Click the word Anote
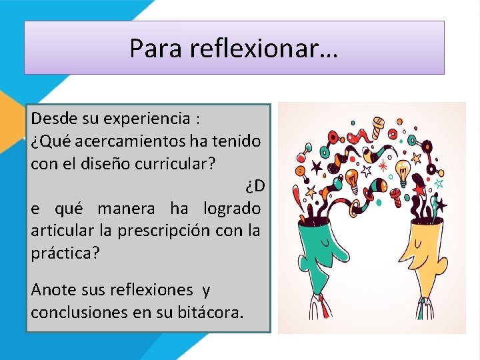tap(54, 290)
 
